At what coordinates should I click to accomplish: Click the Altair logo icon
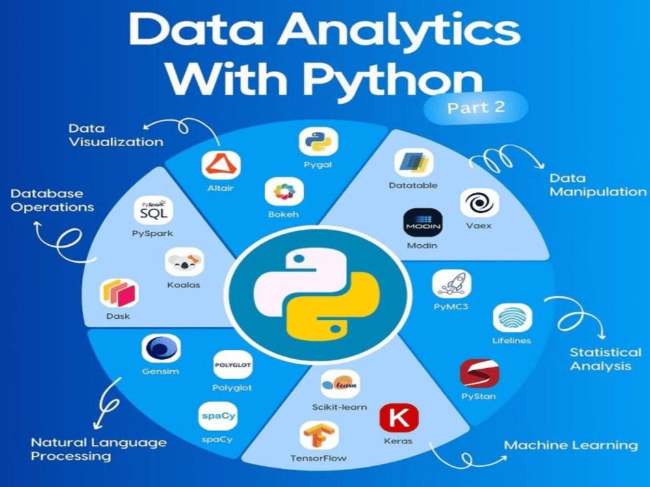pyautogui.click(x=221, y=165)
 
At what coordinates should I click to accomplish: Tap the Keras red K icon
pyautogui.click(x=399, y=418)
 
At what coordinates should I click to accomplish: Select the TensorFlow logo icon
pyautogui.click(x=318, y=435)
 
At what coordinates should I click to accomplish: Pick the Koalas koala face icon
pyautogui.click(x=185, y=262)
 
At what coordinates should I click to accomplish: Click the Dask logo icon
pyautogui.click(x=119, y=293)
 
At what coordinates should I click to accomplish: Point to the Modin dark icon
pyautogui.click(x=423, y=223)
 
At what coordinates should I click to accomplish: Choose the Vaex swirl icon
pyautogui.click(x=479, y=203)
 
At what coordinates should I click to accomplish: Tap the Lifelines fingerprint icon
pyautogui.click(x=512, y=318)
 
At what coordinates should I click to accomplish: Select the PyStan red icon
pyautogui.click(x=479, y=373)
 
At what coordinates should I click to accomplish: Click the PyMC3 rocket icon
pyautogui.click(x=452, y=284)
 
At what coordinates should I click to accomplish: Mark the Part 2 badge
pyautogui.click(x=476, y=108)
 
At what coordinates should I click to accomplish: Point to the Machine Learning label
pyautogui.click(x=571, y=445)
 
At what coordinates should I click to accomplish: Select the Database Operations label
pyautogui.click(x=52, y=201)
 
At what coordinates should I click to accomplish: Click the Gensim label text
pyautogui.click(x=161, y=371)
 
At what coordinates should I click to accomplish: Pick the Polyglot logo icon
pyautogui.click(x=233, y=365)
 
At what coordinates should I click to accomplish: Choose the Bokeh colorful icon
pyautogui.click(x=285, y=192)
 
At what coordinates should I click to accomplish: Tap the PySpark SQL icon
pyautogui.click(x=153, y=210)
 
